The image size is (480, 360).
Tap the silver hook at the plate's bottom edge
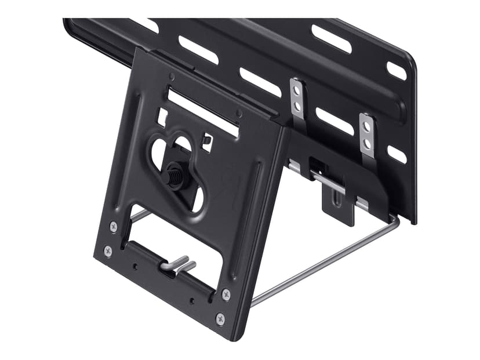[177, 264]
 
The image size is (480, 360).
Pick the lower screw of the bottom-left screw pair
[108, 251]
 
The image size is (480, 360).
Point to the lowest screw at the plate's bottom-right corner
[220, 319]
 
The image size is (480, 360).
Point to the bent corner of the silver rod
[394, 219]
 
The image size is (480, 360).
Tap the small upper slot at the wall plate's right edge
[397, 70]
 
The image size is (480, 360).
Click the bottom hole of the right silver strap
[368, 143]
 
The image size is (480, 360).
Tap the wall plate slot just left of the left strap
[260, 82]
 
